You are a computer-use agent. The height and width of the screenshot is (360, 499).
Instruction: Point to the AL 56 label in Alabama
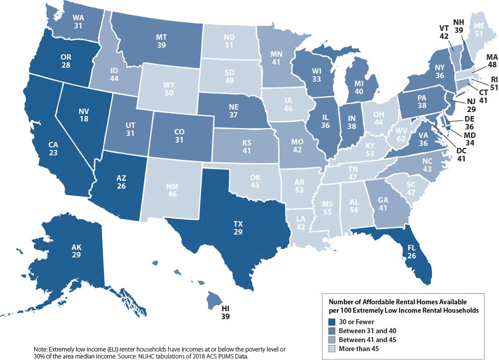point(353,207)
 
